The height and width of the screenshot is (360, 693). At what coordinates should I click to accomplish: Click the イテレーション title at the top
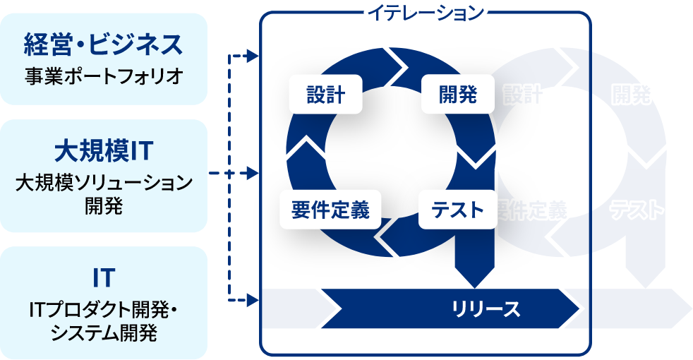pyautogui.click(x=425, y=12)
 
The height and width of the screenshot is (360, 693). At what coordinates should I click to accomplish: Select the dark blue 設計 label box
pyautogui.click(x=325, y=95)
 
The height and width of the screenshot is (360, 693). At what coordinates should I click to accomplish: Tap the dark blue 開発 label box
pyautogui.click(x=449, y=95)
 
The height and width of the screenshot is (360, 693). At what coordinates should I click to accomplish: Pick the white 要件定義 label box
pyautogui.click(x=330, y=210)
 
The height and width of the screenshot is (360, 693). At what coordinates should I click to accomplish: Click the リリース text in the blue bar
pyautogui.click(x=486, y=308)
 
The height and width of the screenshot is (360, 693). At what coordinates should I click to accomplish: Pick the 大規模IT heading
pyautogui.click(x=104, y=150)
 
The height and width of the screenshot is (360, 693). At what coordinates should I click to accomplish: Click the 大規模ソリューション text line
pyautogui.click(x=104, y=184)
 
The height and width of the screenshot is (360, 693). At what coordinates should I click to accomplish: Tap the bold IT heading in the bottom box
pyautogui.click(x=104, y=277)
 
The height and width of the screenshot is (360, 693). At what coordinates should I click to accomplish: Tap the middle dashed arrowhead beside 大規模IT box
pyautogui.click(x=255, y=172)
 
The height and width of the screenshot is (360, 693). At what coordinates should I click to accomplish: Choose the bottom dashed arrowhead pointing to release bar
pyautogui.click(x=255, y=301)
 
